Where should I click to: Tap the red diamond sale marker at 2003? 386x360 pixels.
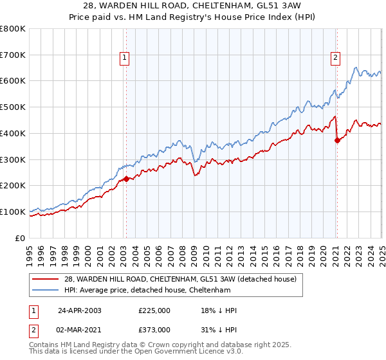126,179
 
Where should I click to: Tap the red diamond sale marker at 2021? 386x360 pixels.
336,140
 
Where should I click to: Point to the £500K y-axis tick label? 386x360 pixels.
13,107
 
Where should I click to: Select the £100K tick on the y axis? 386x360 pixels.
13,212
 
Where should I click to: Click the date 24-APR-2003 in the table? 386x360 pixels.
80,310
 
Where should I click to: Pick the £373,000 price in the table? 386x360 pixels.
154,329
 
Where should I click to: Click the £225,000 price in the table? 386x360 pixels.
154,310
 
